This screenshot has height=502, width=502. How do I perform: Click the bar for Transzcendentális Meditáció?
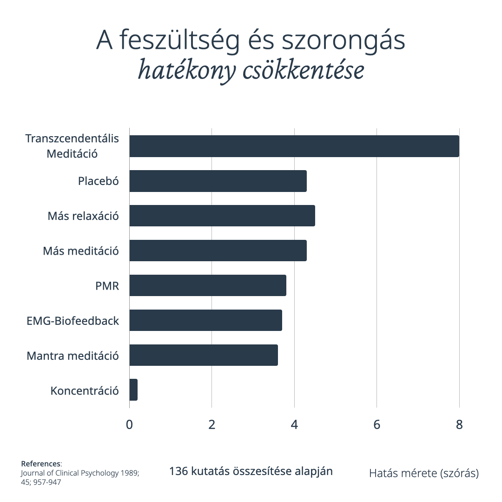pyautogui.click(x=294, y=146)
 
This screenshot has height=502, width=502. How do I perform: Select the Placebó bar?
pyautogui.click(x=218, y=181)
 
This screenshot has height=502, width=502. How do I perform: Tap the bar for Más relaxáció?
pyautogui.click(x=222, y=216)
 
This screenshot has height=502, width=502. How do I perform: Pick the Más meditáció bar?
pyautogui.click(x=218, y=251)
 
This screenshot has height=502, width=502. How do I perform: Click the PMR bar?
pyautogui.click(x=207, y=285)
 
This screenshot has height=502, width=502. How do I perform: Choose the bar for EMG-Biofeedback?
pyautogui.click(x=205, y=320)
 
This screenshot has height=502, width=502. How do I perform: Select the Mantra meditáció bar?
pyautogui.click(x=203, y=355)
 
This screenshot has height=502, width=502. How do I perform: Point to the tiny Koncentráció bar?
pyautogui.click(x=133, y=390)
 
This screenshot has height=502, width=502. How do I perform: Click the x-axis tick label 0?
pyautogui.click(x=129, y=425)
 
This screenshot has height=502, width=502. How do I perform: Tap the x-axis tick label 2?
pyautogui.click(x=212, y=425)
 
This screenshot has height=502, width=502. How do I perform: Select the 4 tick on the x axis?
pyautogui.click(x=294, y=425)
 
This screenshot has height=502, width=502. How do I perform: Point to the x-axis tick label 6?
pyautogui.click(x=377, y=425)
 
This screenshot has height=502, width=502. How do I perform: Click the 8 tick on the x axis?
pyautogui.click(x=459, y=425)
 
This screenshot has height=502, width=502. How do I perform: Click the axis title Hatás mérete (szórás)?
pyautogui.click(x=424, y=474)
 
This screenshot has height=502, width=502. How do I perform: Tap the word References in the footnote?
pyautogui.click(x=41, y=464)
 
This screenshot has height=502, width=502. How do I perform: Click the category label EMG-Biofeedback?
pyautogui.click(x=73, y=321)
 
